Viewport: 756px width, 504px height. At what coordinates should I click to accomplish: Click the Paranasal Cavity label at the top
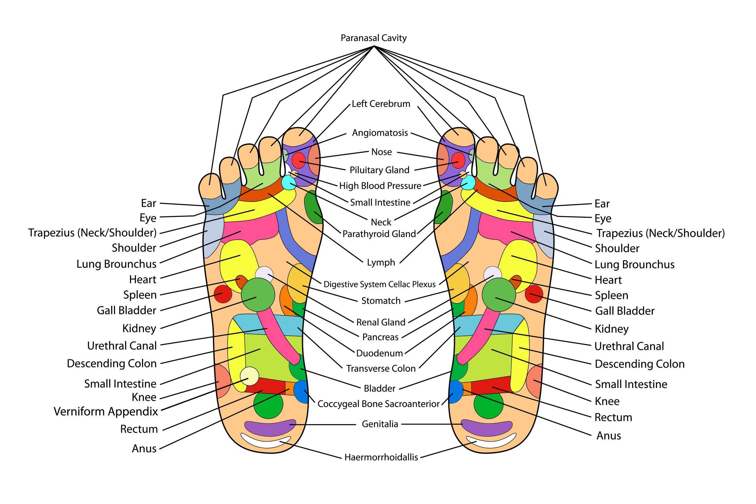pos(373,38)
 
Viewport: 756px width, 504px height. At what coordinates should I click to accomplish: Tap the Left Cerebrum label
pos(381,104)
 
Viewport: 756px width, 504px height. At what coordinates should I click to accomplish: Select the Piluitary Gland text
pos(380,170)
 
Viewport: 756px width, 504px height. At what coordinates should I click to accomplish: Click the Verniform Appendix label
pos(106,412)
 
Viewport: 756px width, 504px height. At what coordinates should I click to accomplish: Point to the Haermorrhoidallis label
pos(381,457)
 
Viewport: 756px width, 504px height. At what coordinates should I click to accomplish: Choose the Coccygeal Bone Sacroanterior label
pos(378,404)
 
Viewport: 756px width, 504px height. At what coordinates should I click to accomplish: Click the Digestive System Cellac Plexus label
pos(379,285)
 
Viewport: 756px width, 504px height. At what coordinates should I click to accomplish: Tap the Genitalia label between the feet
pos(380,424)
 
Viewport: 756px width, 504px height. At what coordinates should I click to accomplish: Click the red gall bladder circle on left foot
pos(223,294)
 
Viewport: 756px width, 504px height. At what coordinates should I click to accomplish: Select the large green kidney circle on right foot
pos(499,295)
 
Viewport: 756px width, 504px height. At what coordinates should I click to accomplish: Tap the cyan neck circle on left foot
pos(289,183)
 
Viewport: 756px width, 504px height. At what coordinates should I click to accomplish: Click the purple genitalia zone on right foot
pos(487,427)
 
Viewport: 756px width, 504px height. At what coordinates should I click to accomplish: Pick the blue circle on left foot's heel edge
pos(301,392)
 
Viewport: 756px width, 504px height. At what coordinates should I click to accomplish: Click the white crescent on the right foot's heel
pos(491,442)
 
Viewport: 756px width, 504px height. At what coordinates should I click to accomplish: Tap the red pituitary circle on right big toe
pos(458,160)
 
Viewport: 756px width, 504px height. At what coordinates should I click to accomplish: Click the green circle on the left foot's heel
pos(268,404)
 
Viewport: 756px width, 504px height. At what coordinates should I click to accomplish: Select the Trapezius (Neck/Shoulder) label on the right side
pos(660,233)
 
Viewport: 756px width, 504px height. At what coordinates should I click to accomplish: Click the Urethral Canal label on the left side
pos(122,346)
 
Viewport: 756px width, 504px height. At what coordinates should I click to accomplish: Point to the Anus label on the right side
pos(609,436)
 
